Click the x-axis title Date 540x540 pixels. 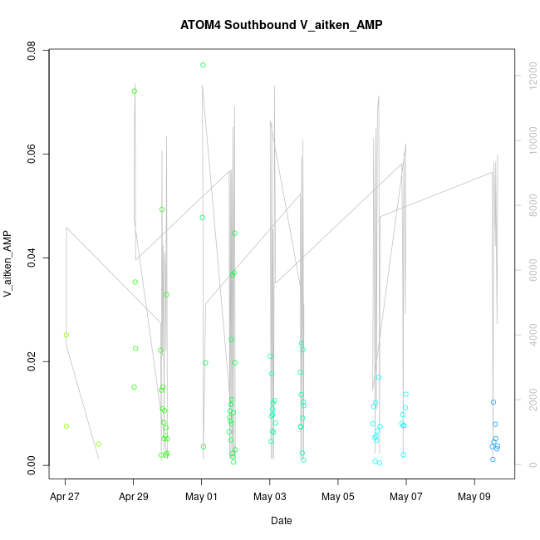pos(281,521)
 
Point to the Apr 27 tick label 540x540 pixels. pos(65,497)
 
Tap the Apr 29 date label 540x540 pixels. pos(133,497)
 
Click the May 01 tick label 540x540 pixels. pos(201,497)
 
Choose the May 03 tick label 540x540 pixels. pos(269,497)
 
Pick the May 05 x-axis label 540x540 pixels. pos(337,497)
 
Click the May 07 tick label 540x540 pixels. pos(405,497)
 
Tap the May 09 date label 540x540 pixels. pos(474,497)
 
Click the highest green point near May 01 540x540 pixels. pos(203,65)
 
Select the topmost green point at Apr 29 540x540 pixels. pos(135,91)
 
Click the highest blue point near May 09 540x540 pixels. pos(493,402)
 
